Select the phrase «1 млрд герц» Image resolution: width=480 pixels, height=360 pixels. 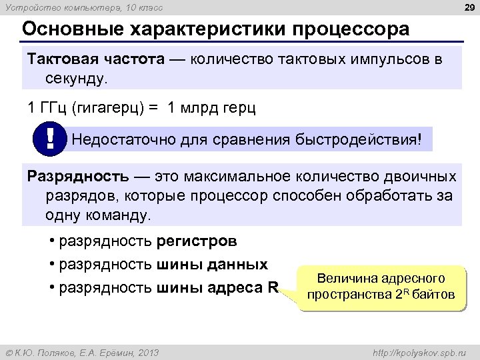point(212,107)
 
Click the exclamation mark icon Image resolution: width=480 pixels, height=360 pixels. point(51,139)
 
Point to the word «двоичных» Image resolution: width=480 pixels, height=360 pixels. point(425,177)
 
